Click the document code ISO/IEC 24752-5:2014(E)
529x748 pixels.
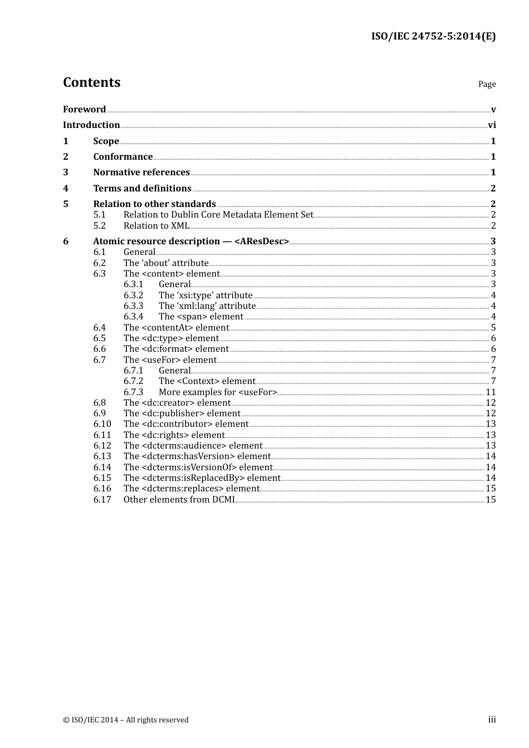coord(433,36)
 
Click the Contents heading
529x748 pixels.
coord(91,82)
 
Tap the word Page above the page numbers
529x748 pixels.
coord(487,84)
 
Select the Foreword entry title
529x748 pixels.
coord(84,110)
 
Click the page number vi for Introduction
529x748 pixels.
coord(492,125)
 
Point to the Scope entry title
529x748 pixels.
coord(106,141)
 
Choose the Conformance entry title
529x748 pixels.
coord(123,157)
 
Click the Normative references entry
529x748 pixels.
coord(141,173)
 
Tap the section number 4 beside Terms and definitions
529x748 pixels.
coord(66,189)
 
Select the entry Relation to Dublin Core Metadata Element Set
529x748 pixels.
coord(218,215)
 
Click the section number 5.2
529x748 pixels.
coord(99,226)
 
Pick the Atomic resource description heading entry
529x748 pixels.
coord(191,242)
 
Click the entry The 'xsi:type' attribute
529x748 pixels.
coord(205,296)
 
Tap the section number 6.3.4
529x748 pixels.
coord(133,317)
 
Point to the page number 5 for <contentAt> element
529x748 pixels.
coord(493,328)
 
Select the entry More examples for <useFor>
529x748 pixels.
coord(218,392)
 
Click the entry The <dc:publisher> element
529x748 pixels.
coord(182,414)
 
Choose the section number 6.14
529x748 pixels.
coord(102,467)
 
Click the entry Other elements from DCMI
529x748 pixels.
coord(179,500)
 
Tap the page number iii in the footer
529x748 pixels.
coord(492,720)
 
